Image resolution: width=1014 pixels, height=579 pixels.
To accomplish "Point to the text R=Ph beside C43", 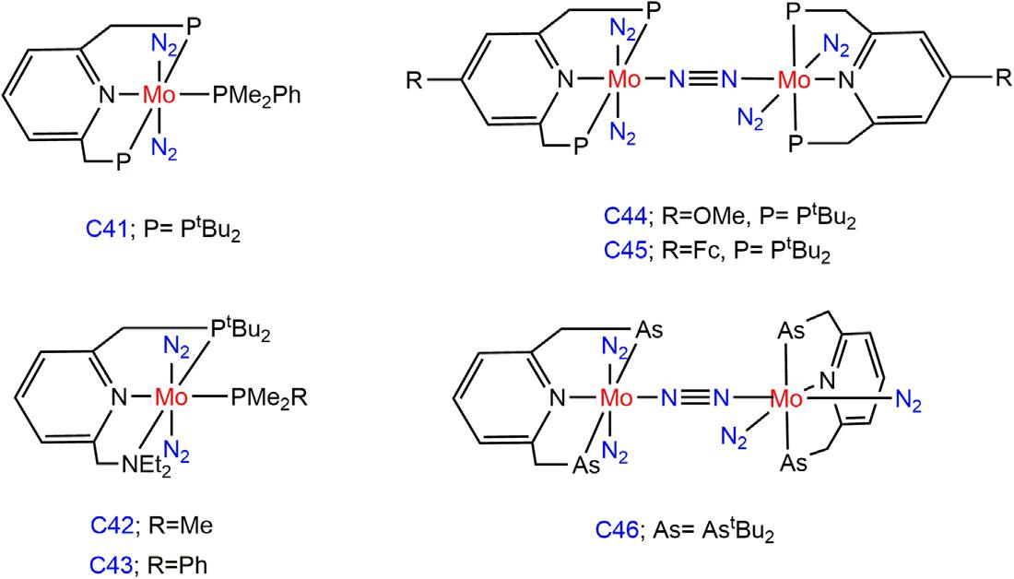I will pyautogui.click(x=174, y=561).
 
